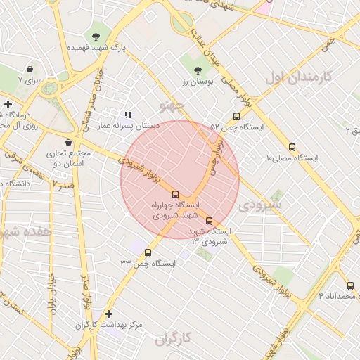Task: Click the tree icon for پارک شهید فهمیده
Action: click(x=96, y=37)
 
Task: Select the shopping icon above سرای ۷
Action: click(x=31, y=70)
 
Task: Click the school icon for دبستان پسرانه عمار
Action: click(x=127, y=114)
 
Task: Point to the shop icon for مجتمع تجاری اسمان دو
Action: click(x=68, y=142)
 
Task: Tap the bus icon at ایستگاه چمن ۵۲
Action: click(x=236, y=117)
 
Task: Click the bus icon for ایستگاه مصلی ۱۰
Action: click(x=292, y=148)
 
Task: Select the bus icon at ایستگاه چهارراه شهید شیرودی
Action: click(x=175, y=194)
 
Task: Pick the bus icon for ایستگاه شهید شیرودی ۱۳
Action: click(x=209, y=221)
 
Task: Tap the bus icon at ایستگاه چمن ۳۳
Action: click(x=148, y=252)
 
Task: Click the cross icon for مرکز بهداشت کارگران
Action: click(x=108, y=314)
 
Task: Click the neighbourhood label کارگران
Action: click(x=173, y=340)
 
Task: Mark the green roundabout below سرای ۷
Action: click(x=49, y=89)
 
